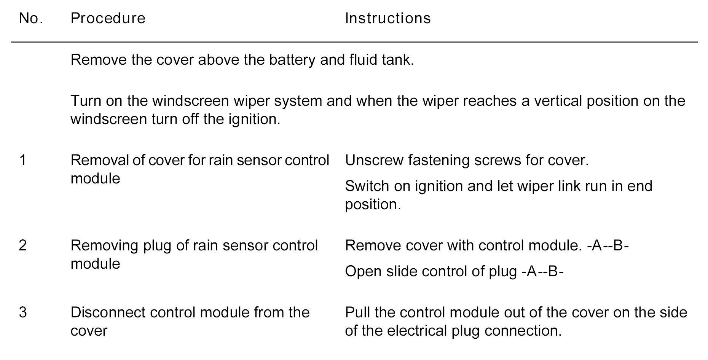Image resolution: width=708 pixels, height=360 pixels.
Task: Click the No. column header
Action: click(30, 18)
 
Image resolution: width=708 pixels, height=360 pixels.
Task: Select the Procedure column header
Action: click(108, 18)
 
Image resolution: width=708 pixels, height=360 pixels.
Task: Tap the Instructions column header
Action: click(388, 18)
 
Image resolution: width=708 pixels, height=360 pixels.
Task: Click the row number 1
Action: click(23, 160)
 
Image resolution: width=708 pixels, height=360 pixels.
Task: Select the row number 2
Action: click(23, 245)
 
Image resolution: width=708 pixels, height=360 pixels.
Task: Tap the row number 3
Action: click(23, 312)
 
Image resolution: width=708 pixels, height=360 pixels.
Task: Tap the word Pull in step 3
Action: click(357, 312)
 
